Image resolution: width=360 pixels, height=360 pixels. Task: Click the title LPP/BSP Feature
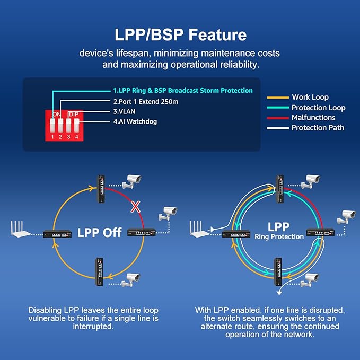click(181, 35)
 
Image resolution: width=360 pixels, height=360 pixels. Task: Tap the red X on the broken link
click(136, 207)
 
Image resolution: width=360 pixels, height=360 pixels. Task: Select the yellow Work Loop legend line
click(277, 98)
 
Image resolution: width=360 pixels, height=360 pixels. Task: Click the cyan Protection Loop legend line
click(277, 108)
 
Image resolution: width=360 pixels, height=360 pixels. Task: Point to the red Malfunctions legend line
click(277, 118)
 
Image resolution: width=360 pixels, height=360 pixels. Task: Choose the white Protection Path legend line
click(277, 128)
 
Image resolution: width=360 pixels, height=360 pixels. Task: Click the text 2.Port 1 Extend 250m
click(145, 101)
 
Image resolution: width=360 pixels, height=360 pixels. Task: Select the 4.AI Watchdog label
click(135, 121)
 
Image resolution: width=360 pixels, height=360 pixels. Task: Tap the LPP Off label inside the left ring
click(100, 233)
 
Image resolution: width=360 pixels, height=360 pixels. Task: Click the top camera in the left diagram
click(131, 181)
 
